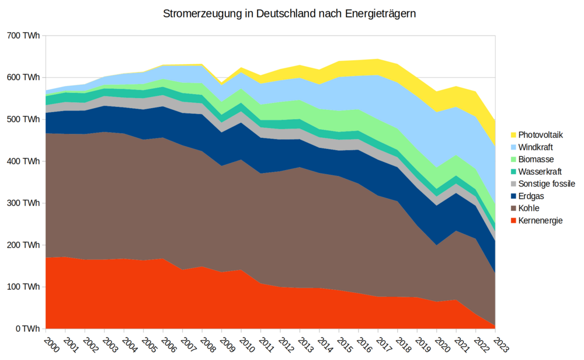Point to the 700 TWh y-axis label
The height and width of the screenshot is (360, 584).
tap(23, 36)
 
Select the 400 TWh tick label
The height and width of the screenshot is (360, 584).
tap(23, 161)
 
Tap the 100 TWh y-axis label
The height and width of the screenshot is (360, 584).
tap(23, 287)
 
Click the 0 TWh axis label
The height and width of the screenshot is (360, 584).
tap(27, 329)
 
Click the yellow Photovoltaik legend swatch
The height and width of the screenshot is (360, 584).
tap(514, 134)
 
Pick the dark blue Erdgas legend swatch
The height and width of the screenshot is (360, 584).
tap(514, 196)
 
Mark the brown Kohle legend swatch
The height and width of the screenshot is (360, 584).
tap(514, 208)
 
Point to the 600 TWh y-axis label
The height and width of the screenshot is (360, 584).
tap(23, 78)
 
